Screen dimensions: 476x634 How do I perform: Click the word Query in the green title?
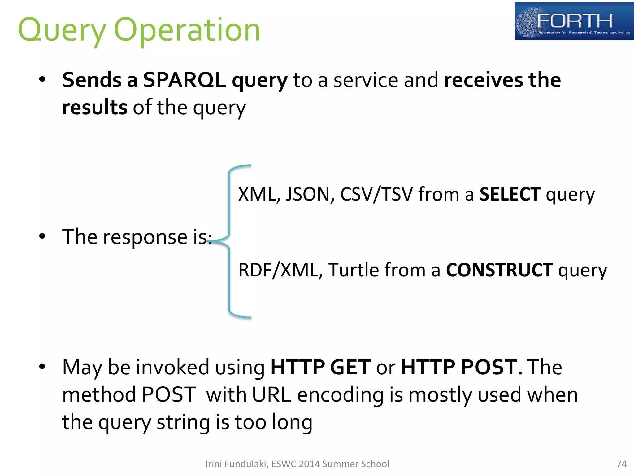pos(62,30)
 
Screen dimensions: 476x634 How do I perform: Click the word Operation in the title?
pos(187,30)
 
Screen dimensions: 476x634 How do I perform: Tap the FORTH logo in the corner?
pos(574,21)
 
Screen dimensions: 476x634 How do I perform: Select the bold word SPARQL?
pos(184,80)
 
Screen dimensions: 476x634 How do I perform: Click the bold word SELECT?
pos(510,194)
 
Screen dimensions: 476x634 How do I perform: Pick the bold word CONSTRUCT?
pos(499,270)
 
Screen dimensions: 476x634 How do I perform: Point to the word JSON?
pos(310,194)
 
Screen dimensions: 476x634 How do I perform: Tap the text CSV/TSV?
pos(376,194)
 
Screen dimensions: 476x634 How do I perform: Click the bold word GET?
pos(350,367)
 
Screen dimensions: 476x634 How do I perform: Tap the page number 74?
pos(621,464)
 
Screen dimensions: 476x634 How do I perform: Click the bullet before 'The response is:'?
pos(42,237)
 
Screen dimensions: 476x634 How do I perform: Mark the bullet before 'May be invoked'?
pos(42,367)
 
